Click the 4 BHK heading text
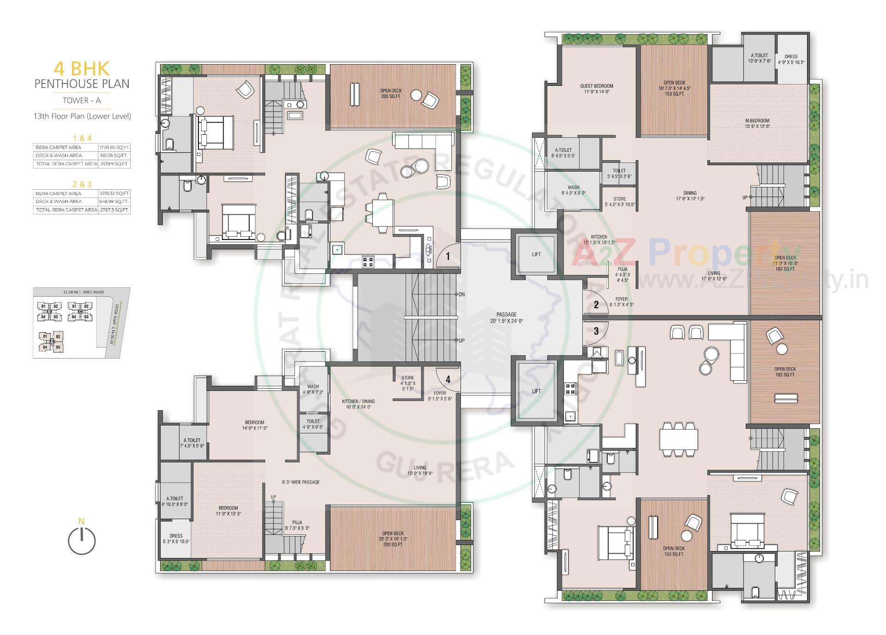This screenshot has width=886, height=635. [x=82, y=68]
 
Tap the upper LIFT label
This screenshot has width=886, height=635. [x=536, y=254]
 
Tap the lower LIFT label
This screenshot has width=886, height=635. [x=536, y=391]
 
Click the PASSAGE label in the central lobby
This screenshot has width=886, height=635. [x=506, y=315]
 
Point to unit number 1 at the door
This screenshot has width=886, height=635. [x=448, y=255]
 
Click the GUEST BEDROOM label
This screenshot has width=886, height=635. [x=596, y=86]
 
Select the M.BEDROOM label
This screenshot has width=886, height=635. [x=757, y=121]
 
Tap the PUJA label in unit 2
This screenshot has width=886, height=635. [x=623, y=269]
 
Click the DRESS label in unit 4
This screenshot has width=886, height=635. [x=176, y=536]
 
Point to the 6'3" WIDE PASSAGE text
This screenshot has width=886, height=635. [x=301, y=482]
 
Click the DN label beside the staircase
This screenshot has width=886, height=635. [x=461, y=294]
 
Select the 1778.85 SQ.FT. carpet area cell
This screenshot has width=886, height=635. [x=114, y=147]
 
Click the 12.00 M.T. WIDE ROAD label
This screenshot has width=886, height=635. [x=83, y=292]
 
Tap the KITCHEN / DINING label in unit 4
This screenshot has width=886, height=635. [x=358, y=401]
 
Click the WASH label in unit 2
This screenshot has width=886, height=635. [x=574, y=187]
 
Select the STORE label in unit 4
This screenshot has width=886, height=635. [x=407, y=378]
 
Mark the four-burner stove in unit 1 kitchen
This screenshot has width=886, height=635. [x=368, y=262]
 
